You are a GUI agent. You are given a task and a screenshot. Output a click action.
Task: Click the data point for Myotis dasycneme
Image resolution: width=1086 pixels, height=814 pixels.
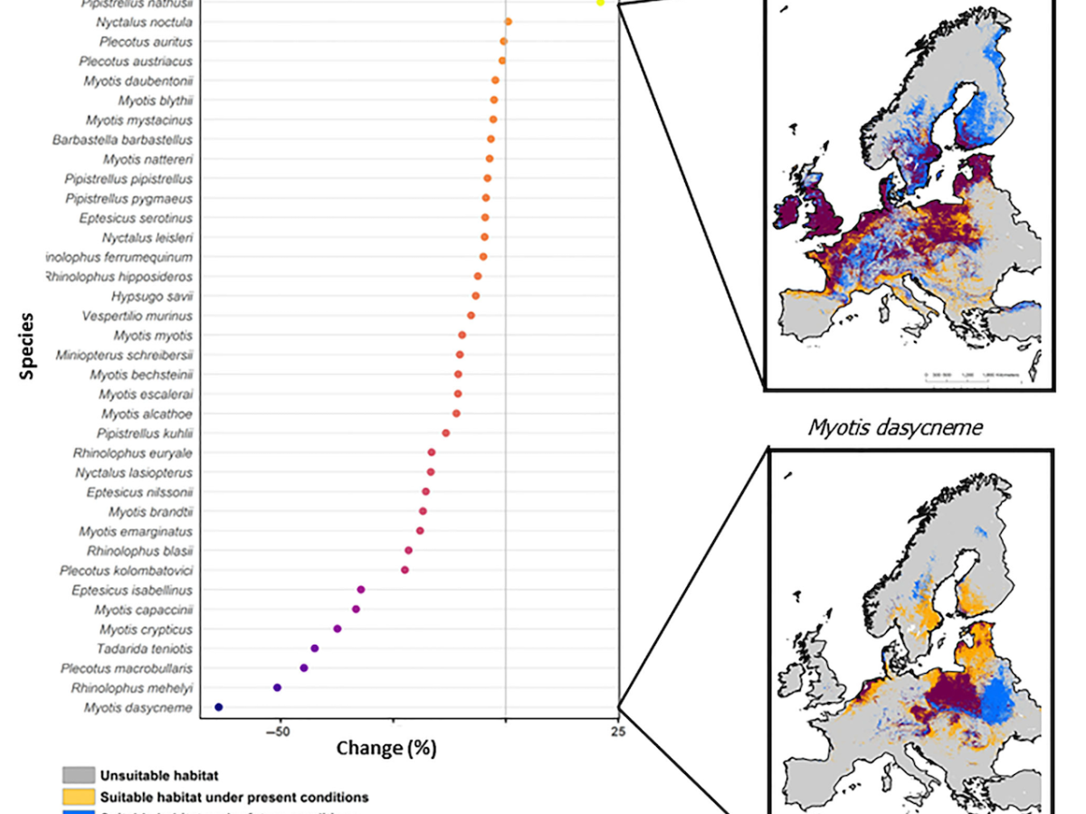tap(218, 707)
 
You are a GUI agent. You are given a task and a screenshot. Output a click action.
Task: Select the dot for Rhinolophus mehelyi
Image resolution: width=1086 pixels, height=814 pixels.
tap(277, 687)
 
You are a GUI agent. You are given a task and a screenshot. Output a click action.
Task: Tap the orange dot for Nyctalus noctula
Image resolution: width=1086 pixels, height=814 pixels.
tap(509, 22)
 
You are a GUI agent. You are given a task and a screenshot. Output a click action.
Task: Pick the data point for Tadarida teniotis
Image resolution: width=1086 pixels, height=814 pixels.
tap(314, 648)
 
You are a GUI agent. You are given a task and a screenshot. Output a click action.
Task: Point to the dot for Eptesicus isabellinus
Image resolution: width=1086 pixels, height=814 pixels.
tap(361, 590)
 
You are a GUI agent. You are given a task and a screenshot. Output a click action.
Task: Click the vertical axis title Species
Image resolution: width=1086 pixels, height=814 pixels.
tap(28, 345)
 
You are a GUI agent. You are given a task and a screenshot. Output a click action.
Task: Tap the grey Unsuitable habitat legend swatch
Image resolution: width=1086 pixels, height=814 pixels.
tap(79, 775)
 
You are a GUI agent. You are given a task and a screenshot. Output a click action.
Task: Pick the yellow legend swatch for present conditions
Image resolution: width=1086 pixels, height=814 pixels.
tap(79, 797)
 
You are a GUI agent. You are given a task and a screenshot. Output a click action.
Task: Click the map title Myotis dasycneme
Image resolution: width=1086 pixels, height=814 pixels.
tap(895, 427)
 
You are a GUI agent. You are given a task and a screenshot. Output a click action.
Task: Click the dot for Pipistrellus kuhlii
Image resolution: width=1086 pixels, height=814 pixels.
tap(445, 433)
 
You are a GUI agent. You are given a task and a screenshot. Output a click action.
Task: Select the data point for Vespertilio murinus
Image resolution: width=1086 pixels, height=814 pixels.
tap(471, 316)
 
